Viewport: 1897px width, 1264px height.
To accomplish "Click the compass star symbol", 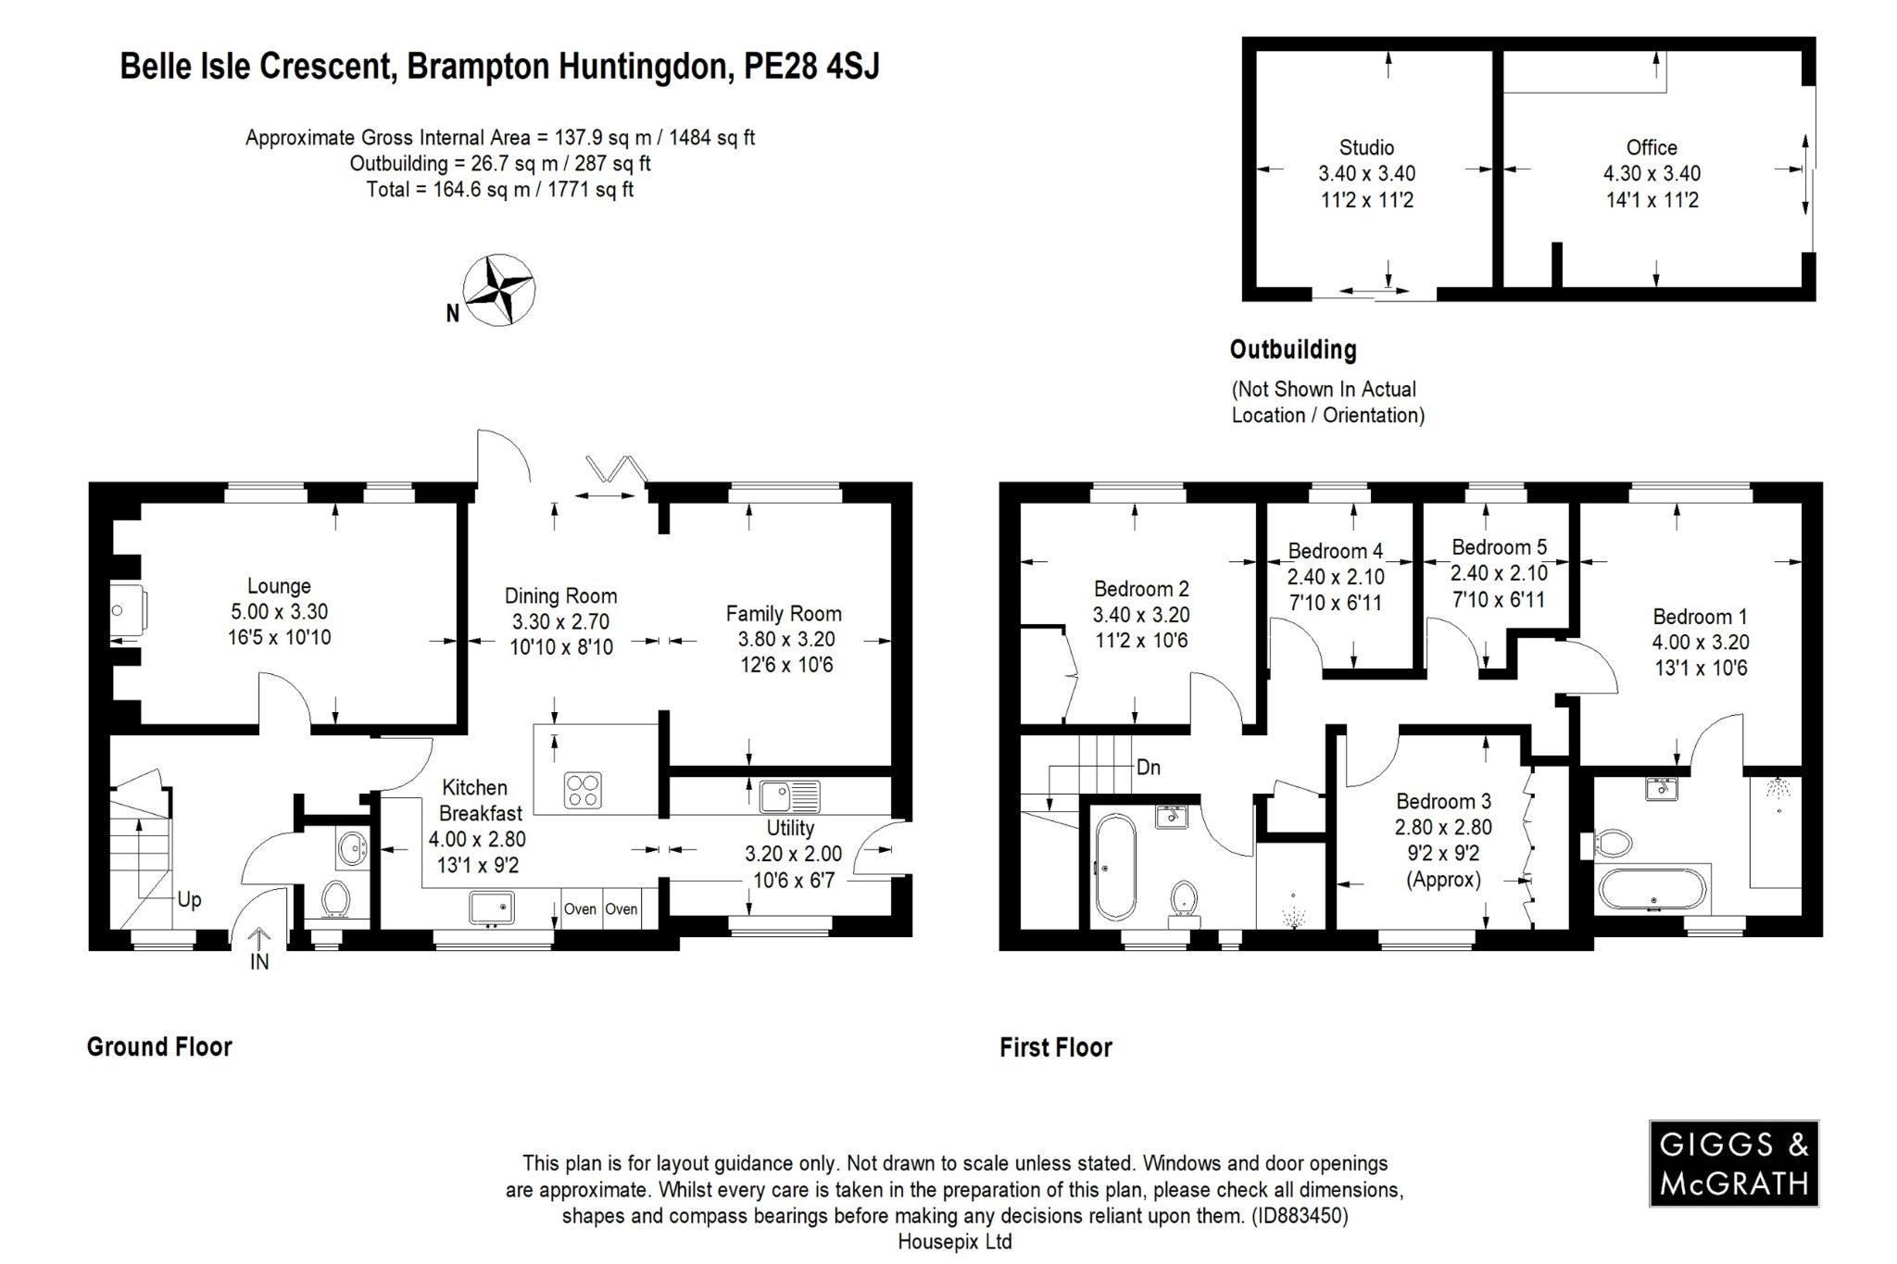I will pyautogui.click(x=498, y=290).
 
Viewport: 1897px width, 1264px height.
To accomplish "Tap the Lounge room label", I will pyautogui.click(x=279, y=586).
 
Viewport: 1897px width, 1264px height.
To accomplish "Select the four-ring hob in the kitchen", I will pyautogui.click(x=583, y=790).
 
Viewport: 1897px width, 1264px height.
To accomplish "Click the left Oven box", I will pyautogui.click(x=580, y=908).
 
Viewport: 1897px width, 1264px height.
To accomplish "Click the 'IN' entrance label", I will pyautogui.click(x=259, y=962).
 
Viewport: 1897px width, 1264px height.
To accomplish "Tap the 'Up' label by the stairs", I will pyautogui.click(x=189, y=900).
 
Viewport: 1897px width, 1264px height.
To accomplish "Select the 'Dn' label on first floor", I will pyautogui.click(x=1148, y=768).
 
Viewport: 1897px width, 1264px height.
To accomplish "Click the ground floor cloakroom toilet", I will pyautogui.click(x=334, y=898).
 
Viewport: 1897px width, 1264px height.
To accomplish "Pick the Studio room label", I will pyautogui.click(x=1366, y=147).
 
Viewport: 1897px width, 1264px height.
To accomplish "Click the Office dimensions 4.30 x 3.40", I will pyautogui.click(x=1652, y=173).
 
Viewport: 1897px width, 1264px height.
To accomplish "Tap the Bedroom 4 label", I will pyautogui.click(x=1335, y=551).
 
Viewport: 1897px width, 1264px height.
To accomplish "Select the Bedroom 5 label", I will pyautogui.click(x=1499, y=547).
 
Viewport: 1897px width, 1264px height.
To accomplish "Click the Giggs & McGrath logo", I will pyautogui.click(x=1733, y=1163).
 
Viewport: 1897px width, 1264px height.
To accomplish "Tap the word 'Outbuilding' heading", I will pyautogui.click(x=1293, y=350).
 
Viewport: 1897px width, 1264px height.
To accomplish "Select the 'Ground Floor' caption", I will pyautogui.click(x=159, y=1046).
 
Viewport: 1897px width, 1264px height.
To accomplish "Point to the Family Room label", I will pyautogui.click(x=784, y=613).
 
